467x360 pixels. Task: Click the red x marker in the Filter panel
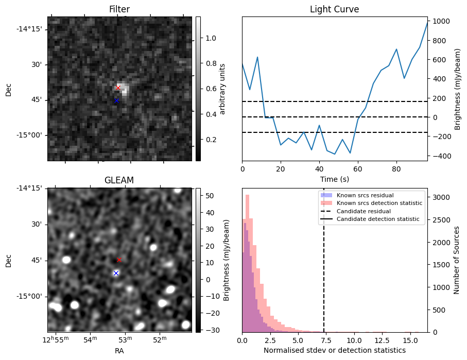[x=118, y=88]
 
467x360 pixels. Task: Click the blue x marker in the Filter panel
[x=116, y=100]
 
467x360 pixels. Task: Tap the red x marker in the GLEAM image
[x=119, y=260]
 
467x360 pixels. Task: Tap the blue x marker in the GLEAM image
[x=116, y=273]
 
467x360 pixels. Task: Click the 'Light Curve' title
[x=334, y=9]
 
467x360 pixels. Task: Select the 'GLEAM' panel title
[x=119, y=180]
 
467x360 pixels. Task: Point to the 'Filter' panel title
[x=119, y=9]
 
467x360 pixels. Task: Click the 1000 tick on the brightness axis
[x=442, y=22]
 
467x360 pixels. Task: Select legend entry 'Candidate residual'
[x=363, y=211]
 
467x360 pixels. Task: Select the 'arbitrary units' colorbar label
[x=222, y=89]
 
